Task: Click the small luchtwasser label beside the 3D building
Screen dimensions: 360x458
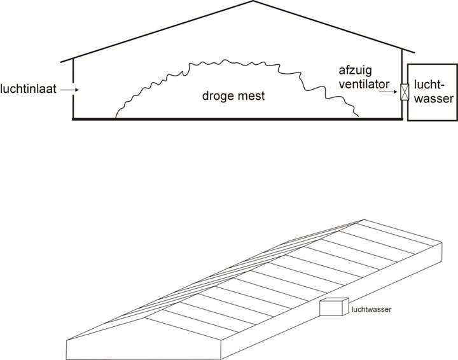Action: (371, 310)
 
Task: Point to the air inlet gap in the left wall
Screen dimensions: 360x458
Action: (74, 90)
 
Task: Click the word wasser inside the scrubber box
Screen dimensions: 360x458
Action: (431, 100)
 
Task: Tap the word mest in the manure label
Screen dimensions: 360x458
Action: (251, 97)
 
